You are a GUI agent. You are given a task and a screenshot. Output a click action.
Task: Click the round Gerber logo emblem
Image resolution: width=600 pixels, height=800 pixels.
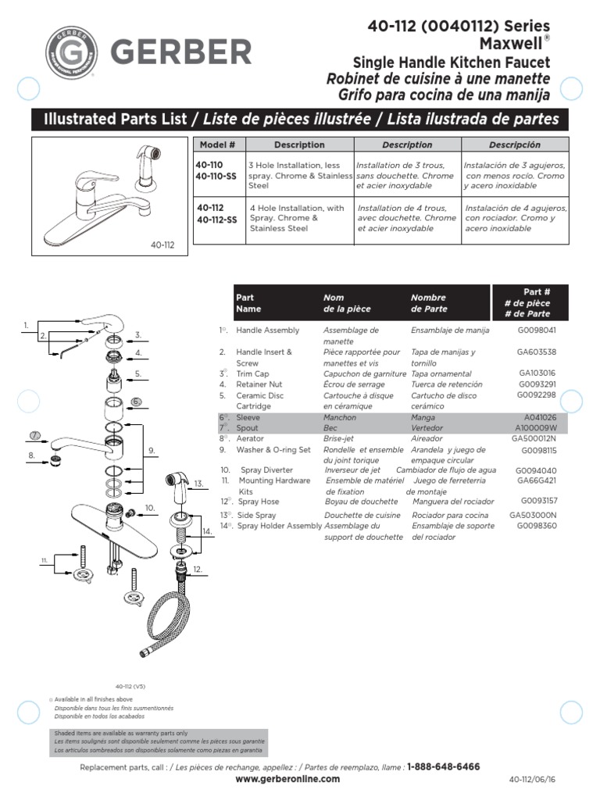(71, 53)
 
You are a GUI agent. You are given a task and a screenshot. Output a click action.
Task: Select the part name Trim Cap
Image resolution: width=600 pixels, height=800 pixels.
(254, 373)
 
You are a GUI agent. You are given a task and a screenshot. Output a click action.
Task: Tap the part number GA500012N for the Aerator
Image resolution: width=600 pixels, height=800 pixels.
(534, 439)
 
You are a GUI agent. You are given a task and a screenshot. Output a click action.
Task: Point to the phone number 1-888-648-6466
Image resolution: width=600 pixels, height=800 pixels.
(443, 767)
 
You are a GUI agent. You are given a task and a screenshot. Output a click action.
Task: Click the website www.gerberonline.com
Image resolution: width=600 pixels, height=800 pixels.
(287, 779)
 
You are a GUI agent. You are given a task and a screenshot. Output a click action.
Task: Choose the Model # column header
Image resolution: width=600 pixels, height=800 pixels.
(217, 145)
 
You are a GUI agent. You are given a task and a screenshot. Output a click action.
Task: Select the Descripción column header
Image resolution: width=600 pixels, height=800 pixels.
(514, 145)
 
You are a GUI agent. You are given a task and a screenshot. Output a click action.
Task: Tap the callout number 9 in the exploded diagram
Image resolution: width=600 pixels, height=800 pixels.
(152, 450)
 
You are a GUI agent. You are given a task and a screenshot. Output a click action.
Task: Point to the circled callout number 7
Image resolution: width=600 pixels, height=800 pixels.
(34, 435)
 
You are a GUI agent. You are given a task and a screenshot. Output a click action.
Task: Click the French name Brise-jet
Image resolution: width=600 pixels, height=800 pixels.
(340, 439)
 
